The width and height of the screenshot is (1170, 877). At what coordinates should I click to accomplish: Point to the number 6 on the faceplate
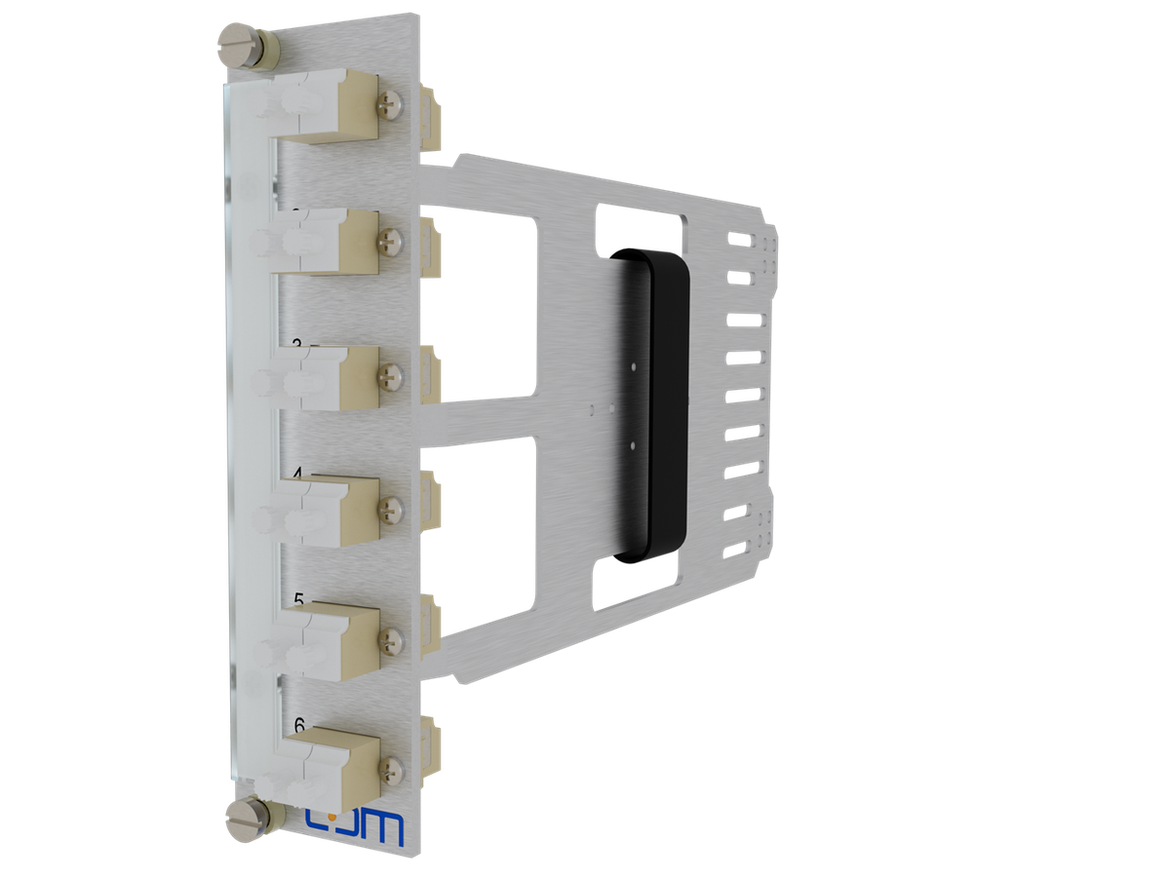tap(300, 724)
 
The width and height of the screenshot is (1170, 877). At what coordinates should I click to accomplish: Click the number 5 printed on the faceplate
tap(299, 598)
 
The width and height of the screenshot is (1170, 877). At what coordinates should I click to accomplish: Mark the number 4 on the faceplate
tap(298, 475)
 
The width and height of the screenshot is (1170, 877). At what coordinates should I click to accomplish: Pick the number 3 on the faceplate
tap(297, 345)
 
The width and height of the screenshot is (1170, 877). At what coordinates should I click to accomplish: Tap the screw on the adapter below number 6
tap(393, 768)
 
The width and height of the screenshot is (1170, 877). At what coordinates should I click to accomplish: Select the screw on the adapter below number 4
tap(392, 506)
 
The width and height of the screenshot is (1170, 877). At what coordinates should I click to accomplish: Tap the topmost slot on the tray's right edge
tap(741, 239)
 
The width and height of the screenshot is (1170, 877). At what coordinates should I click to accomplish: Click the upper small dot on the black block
tap(635, 367)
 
